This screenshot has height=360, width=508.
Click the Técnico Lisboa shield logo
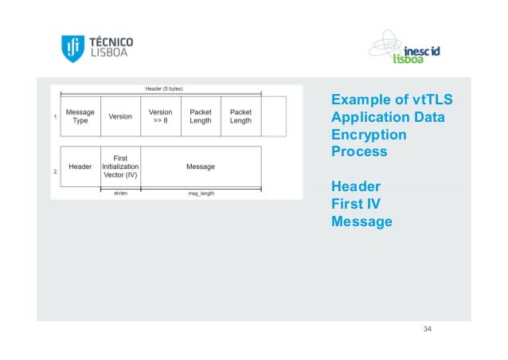[x=72, y=49]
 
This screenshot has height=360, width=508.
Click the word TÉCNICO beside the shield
[x=111, y=41]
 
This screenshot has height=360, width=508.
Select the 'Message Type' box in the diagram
[x=80, y=116]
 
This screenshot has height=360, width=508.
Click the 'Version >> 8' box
[x=160, y=116]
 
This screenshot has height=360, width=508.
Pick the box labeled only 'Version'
[x=120, y=116]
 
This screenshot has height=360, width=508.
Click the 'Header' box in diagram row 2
[x=80, y=166]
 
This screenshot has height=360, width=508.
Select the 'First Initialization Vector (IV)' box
[x=120, y=166]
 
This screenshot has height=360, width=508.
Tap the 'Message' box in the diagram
[x=200, y=166]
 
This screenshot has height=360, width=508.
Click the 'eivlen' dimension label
[x=120, y=193]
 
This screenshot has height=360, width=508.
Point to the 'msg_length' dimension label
[x=200, y=193]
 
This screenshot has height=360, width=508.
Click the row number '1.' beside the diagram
[x=55, y=117]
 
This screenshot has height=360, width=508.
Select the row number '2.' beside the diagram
[x=55, y=170]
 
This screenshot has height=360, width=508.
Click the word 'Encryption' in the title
[x=369, y=135]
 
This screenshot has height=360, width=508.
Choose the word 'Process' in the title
[x=359, y=151]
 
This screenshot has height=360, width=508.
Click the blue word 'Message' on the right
[x=361, y=221]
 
